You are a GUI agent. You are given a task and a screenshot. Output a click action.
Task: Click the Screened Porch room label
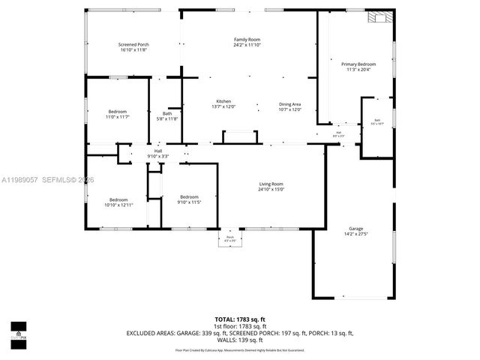[134, 45]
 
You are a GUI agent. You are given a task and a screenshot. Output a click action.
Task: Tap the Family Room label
[247, 39]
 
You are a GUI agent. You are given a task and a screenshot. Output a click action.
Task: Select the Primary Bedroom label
[358, 64]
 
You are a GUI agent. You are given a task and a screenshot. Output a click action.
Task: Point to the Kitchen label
[223, 101]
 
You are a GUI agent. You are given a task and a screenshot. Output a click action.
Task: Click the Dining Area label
[289, 104]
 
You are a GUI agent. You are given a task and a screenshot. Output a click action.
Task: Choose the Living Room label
[271, 184]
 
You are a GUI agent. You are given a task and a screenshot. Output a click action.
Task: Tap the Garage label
[355, 228]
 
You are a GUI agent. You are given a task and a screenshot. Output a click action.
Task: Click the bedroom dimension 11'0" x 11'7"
[117, 117]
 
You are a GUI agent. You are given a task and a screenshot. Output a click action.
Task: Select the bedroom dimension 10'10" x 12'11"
[118, 205]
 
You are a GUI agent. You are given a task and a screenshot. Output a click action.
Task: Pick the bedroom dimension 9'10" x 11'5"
[189, 202]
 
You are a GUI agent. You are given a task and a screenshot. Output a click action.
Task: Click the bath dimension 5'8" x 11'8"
[167, 118]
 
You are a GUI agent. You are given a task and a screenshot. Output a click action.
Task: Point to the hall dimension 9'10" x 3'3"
[158, 156]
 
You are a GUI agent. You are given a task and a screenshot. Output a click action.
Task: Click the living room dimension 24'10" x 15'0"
[271, 189]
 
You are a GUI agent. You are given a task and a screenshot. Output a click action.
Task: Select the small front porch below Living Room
[230, 238]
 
